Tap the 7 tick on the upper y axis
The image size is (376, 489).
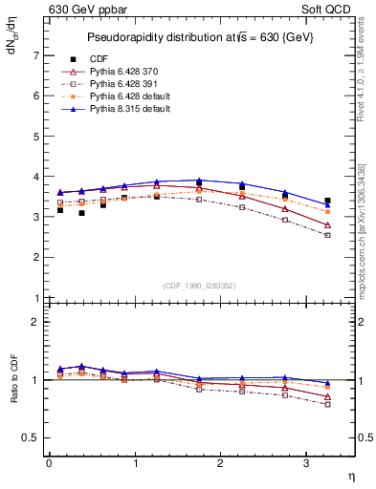click(x=37, y=55)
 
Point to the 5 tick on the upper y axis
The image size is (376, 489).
click(x=37, y=137)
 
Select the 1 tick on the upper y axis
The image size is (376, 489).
click(x=37, y=298)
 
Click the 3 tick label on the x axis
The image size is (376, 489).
click(x=306, y=463)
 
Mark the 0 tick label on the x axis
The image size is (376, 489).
click(x=49, y=463)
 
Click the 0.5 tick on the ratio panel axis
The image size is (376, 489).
click(x=32, y=437)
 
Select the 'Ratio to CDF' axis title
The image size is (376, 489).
click(x=12, y=395)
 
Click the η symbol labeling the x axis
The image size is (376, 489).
click(x=349, y=475)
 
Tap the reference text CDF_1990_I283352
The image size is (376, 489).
click(x=200, y=285)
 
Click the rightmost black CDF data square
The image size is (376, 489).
click(x=327, y=202)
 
